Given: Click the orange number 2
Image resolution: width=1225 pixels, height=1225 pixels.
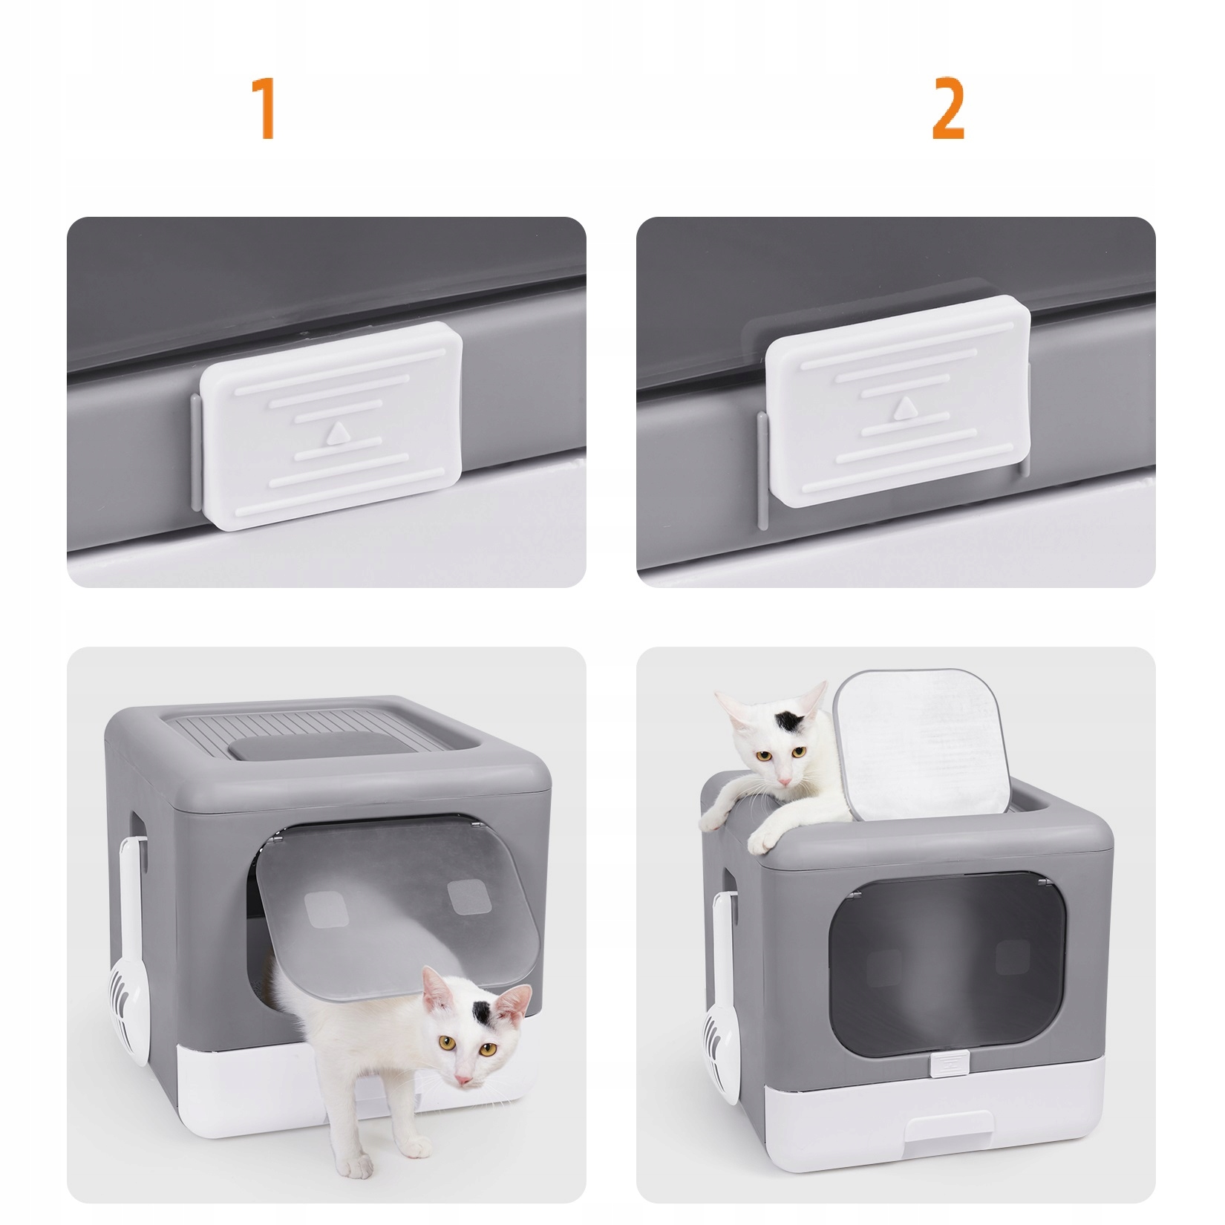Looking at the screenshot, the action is (948, 109).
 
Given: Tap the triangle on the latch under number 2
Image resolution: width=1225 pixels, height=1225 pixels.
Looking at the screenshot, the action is (903, 408).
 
